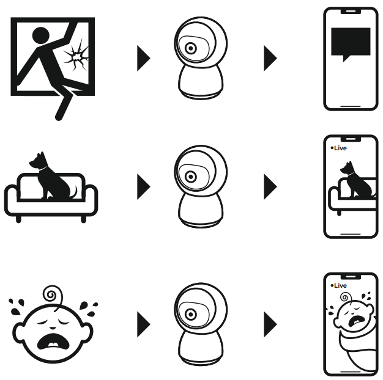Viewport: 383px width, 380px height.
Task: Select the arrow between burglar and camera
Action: click(x=144, y=58)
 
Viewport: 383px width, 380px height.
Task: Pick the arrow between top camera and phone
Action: click(x=270, y=58)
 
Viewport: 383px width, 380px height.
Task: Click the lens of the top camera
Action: click(x=191, y=48)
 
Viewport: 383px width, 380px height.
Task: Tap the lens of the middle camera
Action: click(x=191, y=177)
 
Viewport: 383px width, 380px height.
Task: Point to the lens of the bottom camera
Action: click(x=191, y=315)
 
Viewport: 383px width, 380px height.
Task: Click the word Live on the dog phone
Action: click(x=340, y=148)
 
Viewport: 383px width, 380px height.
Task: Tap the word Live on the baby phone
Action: click(x=340, y=285)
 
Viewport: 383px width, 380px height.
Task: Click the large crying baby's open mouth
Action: click(x=53, y=342)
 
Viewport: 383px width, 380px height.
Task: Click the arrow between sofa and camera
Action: click(x=144, y=186)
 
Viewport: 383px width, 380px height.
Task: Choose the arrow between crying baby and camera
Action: click(x=144, y=324)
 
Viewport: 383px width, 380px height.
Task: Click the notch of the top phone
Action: click(x=351, y=11)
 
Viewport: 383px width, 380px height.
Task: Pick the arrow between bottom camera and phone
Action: click(x=270, y=324)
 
